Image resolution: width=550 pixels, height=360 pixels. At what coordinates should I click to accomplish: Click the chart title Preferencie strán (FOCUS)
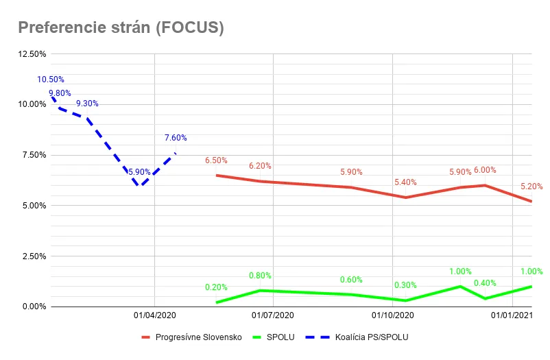coord(121,27)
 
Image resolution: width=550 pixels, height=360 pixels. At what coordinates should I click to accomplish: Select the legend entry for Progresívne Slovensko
coord(198,337)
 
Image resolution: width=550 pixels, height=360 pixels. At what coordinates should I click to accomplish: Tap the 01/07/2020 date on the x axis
coord(273,315)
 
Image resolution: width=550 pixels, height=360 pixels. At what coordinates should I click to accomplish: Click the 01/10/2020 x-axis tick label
coord(392,315)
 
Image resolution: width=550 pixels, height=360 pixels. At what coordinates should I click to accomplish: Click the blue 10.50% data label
coord(51,80)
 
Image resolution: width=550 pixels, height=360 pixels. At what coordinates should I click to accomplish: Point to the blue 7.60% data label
coord(176,138)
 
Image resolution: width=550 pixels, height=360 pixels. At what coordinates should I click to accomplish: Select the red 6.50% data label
coord(216,160)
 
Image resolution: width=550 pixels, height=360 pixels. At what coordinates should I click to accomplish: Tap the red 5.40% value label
coord(405,182)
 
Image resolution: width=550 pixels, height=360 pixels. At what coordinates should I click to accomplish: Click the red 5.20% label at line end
coord(531,186)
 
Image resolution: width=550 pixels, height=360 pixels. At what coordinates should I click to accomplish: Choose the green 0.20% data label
coord(216,287)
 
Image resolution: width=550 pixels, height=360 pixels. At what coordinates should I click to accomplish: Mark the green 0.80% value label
coord(261,276)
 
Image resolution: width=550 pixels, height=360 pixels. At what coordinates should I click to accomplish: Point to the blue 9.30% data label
coord(87,104)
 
